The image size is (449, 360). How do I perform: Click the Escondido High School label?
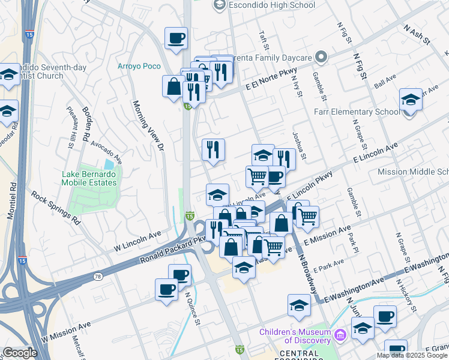(259, 5)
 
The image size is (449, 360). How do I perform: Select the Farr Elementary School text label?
(356, 112)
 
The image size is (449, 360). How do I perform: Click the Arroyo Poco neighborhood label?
(139, 66)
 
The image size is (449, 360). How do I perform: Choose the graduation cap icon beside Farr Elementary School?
(411, 100)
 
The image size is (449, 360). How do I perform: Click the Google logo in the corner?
(20, 353)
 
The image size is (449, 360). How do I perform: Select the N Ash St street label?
(417, 35)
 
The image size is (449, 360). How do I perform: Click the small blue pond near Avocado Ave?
(109, 164)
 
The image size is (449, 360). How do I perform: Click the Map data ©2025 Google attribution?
(412, 355)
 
